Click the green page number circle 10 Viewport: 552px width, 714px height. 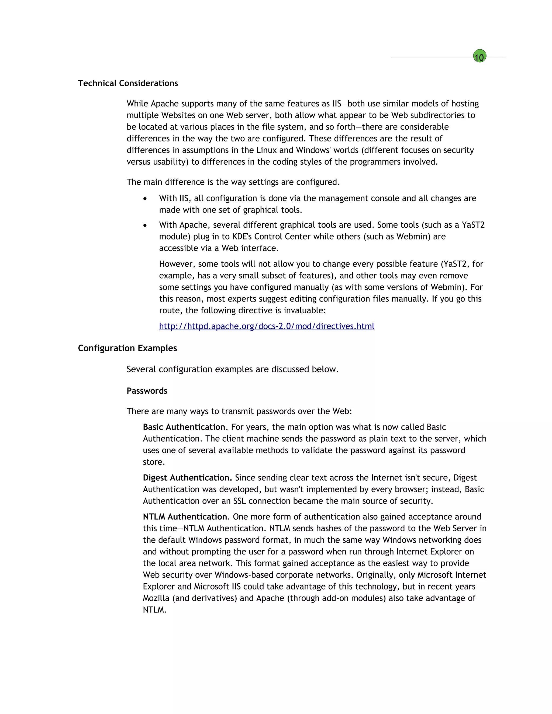[x=479, y=57]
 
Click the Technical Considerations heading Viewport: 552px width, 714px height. [x=128, y=83]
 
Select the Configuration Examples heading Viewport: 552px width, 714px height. [x=127, y=348]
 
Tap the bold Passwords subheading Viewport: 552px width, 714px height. [x=147, y=391]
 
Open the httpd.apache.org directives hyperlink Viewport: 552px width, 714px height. [x=267, y=326]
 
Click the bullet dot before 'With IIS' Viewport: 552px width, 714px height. [x=145, y=199]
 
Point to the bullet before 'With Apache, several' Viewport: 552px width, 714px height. [x=145, y=225]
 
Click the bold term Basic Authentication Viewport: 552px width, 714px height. [x=184, y=427]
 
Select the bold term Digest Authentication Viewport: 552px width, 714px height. [x=187, y=478]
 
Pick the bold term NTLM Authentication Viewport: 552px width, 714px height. [x=185, y=517]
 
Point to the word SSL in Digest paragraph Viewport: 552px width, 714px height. [x=239, y=501]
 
